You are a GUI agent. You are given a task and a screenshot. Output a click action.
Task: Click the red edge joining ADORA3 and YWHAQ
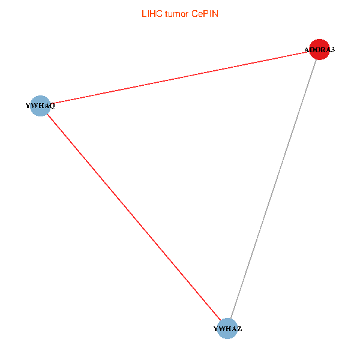pyautogui.click(x=180, y=78)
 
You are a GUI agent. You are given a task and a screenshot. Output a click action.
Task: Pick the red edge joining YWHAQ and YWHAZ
pyautogui.click(x=133, y=217)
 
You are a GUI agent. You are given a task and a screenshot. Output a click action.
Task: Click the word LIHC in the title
pyautogui.click(x=151, y=14)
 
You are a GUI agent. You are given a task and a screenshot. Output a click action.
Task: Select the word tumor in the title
pyautogui.click(x=178, y=14)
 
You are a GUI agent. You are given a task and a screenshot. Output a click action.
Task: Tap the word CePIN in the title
pyautogui.click(x=205, y=14)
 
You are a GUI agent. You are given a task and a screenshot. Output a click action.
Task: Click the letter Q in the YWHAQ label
pyautogui.click(x=52, y=106)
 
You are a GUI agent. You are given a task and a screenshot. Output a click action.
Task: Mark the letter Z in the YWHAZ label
pyautogui.click(x=239, y=329)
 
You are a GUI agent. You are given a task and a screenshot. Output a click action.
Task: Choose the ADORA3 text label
pyautogui.click(x=320, y=50)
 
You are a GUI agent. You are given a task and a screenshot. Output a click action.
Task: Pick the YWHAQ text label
pyautogui.click(x=40, y=106)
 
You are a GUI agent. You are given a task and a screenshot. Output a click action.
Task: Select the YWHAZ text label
pyautogui.click(x=227, y=329)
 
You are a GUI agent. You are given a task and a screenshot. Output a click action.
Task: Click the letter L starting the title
pyautogui.click(x=143, y=14)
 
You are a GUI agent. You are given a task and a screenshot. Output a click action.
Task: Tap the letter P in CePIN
pyautogui.click(x=207, y=14)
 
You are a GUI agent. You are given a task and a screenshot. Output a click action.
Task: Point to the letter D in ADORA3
pyautogui.click(x=313, y=50)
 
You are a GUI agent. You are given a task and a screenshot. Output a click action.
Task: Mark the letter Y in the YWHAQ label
pyautogui.click(x=28, y=106)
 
